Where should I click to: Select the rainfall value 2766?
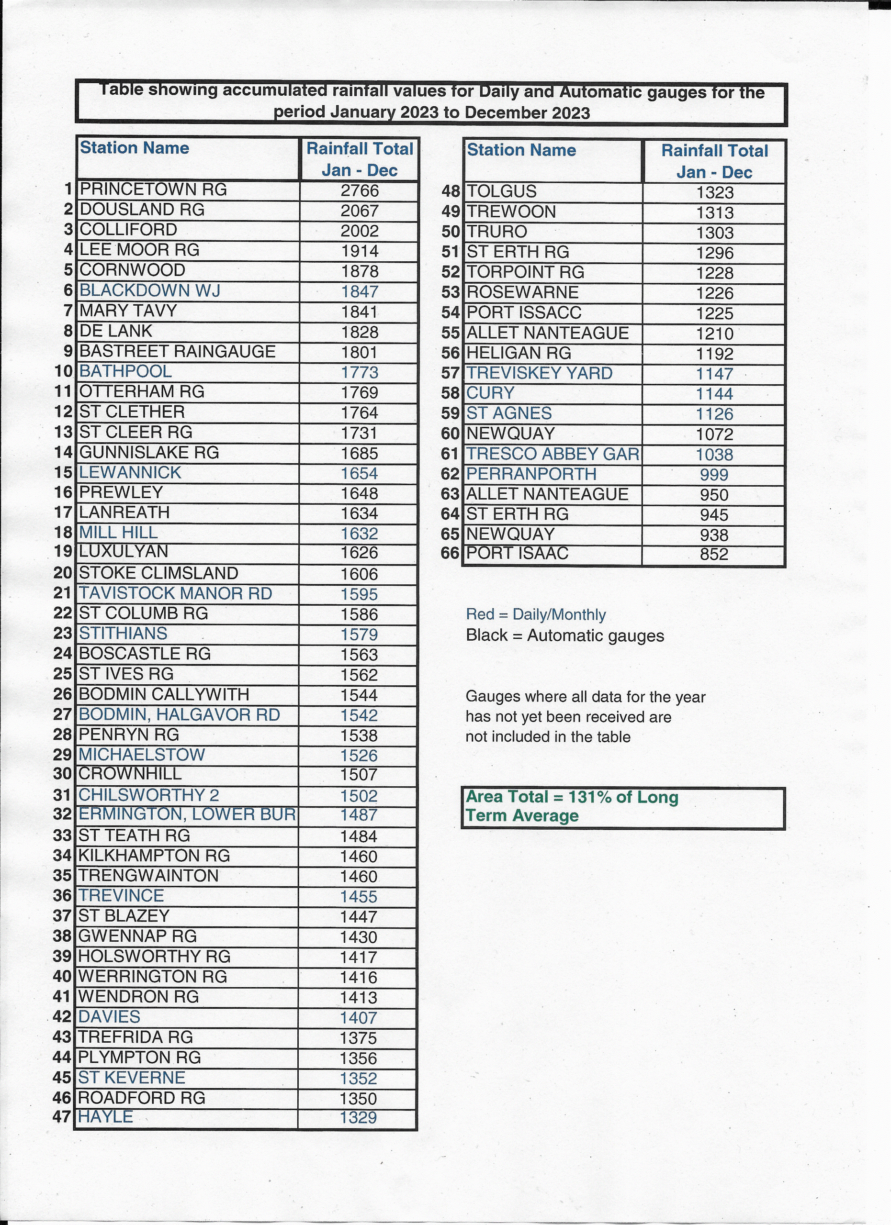coord(359,190)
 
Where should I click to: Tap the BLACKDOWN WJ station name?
coord(150,290)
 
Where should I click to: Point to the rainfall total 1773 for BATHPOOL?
coord(359,372)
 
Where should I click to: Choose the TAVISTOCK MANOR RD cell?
coord(175,593)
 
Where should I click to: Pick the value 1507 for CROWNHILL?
coord(359,775)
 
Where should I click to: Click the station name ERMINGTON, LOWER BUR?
coord(187,814)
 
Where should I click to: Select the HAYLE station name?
coord(105,1116)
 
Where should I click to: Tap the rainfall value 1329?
coord(358,1117)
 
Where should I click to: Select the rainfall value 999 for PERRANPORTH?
coord(714,475)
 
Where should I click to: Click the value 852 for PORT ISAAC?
coord(714,554)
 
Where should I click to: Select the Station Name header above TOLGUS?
coord(521,150)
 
